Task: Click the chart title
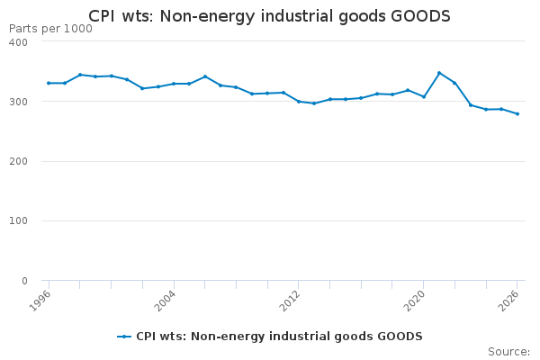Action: [x=269, y=16]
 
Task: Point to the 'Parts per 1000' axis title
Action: [x=50, y=29]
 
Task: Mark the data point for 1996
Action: [x=49, y=83]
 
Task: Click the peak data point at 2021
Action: [x=439, y=73]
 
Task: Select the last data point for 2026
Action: [x=517, y=113]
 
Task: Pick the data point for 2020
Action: [x=424, y=96]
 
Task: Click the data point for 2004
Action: [x=174, y=84]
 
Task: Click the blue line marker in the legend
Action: [x=124, y=337]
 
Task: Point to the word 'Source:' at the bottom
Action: [x=508, y=351]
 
